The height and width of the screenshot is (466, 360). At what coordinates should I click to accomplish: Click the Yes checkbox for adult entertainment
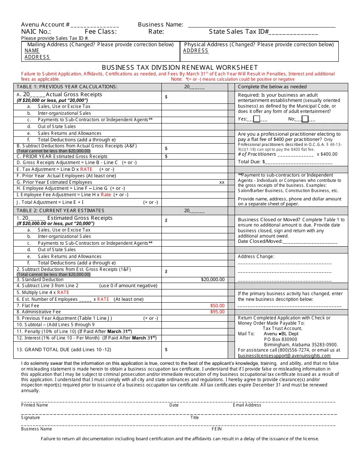[x=257, y=119]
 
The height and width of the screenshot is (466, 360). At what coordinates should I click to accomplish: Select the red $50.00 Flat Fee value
[x=217, y=305]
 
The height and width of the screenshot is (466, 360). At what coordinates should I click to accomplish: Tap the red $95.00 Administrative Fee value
[x=217, y=312]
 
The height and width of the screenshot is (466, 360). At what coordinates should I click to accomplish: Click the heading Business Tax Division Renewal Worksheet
[x=180, y=67]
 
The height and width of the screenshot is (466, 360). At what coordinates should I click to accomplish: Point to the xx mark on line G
[x=222, y=182]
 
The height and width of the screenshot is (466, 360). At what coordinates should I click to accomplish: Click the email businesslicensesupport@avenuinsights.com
[x=284, y=356]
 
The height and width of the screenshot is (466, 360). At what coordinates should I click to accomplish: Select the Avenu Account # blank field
[x=95, y=25]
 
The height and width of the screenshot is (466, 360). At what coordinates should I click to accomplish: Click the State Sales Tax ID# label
[x=239, y=32]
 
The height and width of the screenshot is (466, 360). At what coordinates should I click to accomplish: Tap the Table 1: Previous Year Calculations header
[x=67, y=87]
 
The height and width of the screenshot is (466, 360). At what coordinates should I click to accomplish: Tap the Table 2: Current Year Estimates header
[x=60, y=211]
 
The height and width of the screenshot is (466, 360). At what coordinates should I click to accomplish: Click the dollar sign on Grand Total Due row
[x=166, y=350]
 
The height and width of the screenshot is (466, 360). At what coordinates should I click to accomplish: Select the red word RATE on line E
[x=86, y=169]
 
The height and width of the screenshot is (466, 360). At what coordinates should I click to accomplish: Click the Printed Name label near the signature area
[x=34, y=405]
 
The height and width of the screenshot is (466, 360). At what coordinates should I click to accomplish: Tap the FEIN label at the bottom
[x=217, y=429]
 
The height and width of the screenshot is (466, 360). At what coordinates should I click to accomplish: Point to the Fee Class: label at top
[x=100, y=32]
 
